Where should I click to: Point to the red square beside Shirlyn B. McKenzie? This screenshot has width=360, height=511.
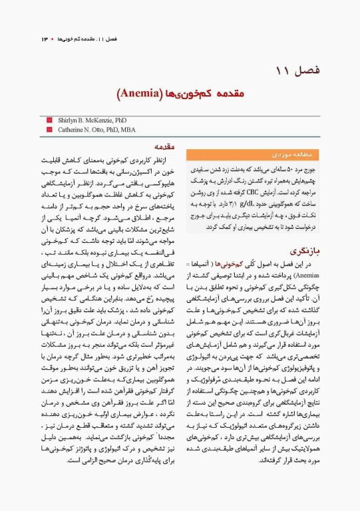tap(49, 120)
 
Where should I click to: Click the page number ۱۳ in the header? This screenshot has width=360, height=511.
tap(45, 39)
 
